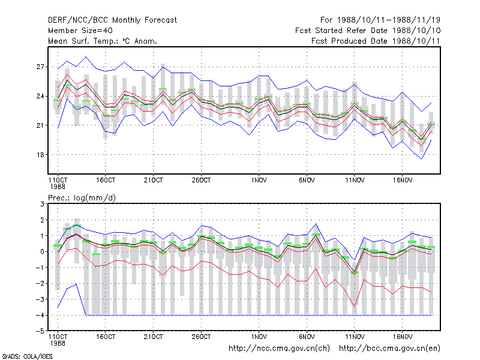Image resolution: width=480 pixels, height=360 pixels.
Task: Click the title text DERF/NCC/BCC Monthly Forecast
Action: point(112,20)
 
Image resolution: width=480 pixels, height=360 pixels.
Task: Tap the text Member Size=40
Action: point(80,31)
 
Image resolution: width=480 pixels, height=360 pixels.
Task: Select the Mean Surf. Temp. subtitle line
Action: point(103,41)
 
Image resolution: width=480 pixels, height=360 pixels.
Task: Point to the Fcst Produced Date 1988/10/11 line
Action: point(376,41)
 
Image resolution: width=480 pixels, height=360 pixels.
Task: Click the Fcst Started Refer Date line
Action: point(368,31)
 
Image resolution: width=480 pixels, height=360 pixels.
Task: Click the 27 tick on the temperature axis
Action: point(40,67)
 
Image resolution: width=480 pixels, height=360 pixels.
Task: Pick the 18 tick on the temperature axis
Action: point(40,155)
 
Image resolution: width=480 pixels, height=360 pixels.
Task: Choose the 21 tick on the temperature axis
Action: point(40,125)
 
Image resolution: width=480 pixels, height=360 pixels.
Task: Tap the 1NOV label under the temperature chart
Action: point(259,181)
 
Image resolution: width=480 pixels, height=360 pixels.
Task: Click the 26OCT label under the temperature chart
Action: point(201,181)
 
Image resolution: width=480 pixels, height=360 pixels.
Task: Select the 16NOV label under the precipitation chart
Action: point(402,337)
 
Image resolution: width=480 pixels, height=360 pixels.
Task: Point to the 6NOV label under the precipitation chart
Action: point(307,337)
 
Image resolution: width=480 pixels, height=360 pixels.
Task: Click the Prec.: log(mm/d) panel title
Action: point(82,198)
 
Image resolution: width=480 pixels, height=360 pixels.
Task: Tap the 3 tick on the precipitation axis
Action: point(42,204)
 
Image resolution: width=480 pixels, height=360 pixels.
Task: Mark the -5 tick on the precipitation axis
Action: point(40,331)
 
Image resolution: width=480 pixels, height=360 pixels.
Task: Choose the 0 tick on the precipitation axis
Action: point(42,251)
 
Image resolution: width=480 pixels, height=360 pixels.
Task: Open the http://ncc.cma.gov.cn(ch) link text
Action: point(279,349)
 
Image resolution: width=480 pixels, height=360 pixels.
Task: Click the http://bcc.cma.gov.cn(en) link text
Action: point(389,349)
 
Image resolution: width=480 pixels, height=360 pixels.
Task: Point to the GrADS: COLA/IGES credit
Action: point(27,356)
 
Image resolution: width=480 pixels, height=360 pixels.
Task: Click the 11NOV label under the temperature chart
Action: point(355,181)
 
